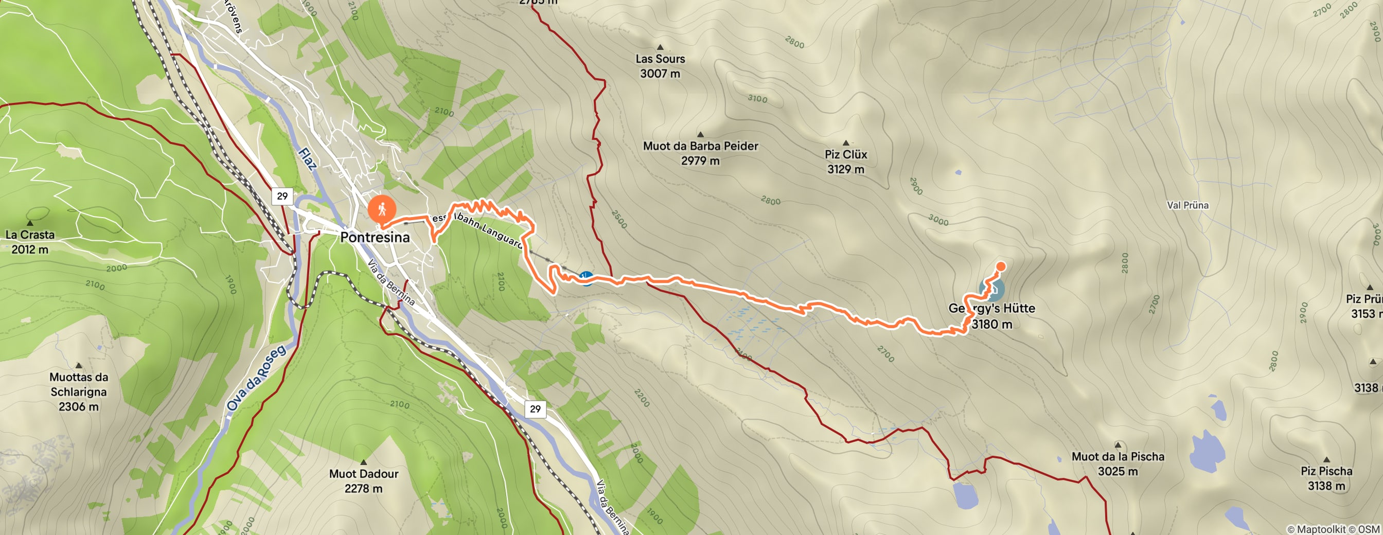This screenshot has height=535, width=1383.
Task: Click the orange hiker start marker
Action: (x=382, y=210)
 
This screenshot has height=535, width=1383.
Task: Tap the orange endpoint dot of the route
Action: (x=1001, y=266)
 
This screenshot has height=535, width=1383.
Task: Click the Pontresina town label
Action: (x=375, y=237)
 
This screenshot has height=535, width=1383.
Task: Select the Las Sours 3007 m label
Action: (x=660, y=65)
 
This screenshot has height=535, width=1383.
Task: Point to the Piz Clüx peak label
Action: (x=845, y=161)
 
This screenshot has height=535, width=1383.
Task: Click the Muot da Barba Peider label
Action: (x=700, y=152)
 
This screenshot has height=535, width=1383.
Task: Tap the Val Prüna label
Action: (x=1187, y=205)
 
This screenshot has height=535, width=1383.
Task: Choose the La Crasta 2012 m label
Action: (x=30, y=241)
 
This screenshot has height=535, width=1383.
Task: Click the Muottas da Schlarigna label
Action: (x=79, y=391)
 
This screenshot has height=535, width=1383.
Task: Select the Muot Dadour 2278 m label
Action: (x=363, y=480)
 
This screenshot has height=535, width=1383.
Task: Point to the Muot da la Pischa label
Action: (x=1118, y=463)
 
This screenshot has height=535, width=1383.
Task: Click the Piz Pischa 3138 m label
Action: (x=1326, y=477)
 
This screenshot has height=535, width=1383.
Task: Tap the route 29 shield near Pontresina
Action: (x=282, y=196)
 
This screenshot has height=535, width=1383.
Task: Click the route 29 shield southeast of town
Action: (x=535, y=409)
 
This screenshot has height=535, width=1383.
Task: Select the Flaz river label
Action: (x=307, y=159)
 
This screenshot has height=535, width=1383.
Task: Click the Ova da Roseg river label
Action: (x=256, y=379)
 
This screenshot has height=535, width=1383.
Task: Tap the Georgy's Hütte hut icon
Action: (x=991, y=289)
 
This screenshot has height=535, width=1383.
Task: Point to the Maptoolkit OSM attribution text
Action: (x=1333, y=529)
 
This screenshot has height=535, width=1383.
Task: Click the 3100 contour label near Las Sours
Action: (x=757, y=99)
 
